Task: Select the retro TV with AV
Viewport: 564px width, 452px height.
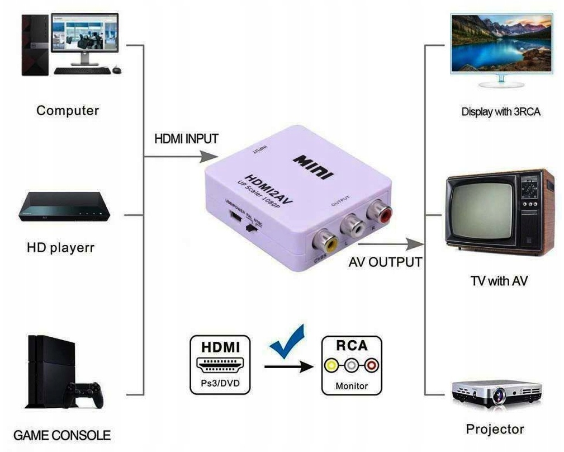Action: [x=499, y=213]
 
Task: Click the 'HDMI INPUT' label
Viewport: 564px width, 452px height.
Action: [x=186, y=138]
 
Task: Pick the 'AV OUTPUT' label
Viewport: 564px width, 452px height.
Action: [x=385, y=262]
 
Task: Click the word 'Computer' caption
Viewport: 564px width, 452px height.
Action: [x=68, y=110]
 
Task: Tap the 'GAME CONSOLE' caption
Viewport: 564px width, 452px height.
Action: [x=62, y=435]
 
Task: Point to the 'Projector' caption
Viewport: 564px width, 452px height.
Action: [x=495, y=429]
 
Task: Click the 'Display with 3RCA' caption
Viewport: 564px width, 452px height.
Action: [x=501, y=112]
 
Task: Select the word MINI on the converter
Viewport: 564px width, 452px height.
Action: [x=314, y=166]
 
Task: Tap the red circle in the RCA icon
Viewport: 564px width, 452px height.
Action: [x=372, y=366]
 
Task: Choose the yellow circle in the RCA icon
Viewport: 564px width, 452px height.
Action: [x=332, y=366]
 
